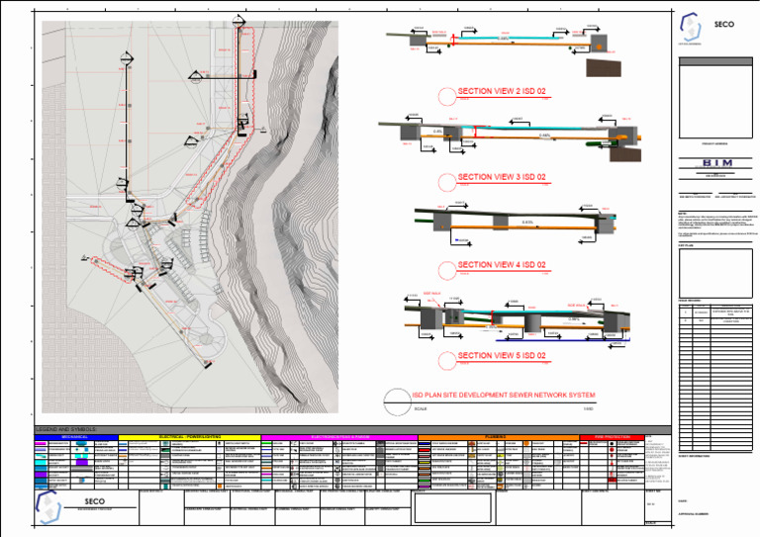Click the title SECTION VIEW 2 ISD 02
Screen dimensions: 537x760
(x=502, y=91)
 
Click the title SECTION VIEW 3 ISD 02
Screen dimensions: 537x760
(x=502, y=177)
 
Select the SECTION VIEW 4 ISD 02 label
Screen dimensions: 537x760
(x=502, y=265)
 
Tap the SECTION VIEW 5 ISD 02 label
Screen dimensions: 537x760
(x=502, y=355)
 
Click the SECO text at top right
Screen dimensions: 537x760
(x=723, y=25)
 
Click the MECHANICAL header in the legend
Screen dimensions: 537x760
(x=75, y=436)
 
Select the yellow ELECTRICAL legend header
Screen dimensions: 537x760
(x=188, y=436)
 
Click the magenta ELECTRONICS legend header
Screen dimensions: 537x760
(x=338, y=436)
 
